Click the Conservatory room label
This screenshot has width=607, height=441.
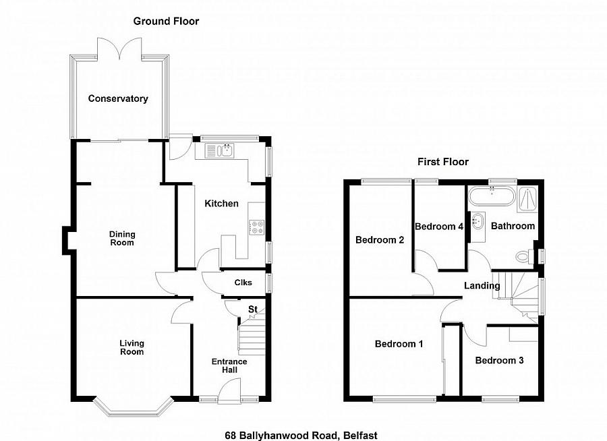(x=118, y=98)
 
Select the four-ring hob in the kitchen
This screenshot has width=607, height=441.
(x=256, y=227)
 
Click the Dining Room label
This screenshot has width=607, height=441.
(x=121, y=239)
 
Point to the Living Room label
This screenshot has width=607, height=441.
(x=132, y=347)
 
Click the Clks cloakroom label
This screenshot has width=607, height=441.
(x=243, y=283)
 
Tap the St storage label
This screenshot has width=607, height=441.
(x=253, y=310)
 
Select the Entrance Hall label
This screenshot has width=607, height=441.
(x=229, y=366)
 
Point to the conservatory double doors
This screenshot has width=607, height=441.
(x=119, y=49)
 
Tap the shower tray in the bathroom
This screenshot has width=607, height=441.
(x=527, y=200)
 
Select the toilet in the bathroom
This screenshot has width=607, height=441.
(x=525, y=256)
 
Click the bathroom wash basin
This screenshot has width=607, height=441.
(x=478, y=221)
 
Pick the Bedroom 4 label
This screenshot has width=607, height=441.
(x=439, y=227)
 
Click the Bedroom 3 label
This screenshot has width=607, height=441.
(x=499, y=361)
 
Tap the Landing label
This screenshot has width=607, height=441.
(x=482, y=286)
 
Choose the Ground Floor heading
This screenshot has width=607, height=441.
(x=166, y=22)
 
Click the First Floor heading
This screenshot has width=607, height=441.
(x=443, y=161)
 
